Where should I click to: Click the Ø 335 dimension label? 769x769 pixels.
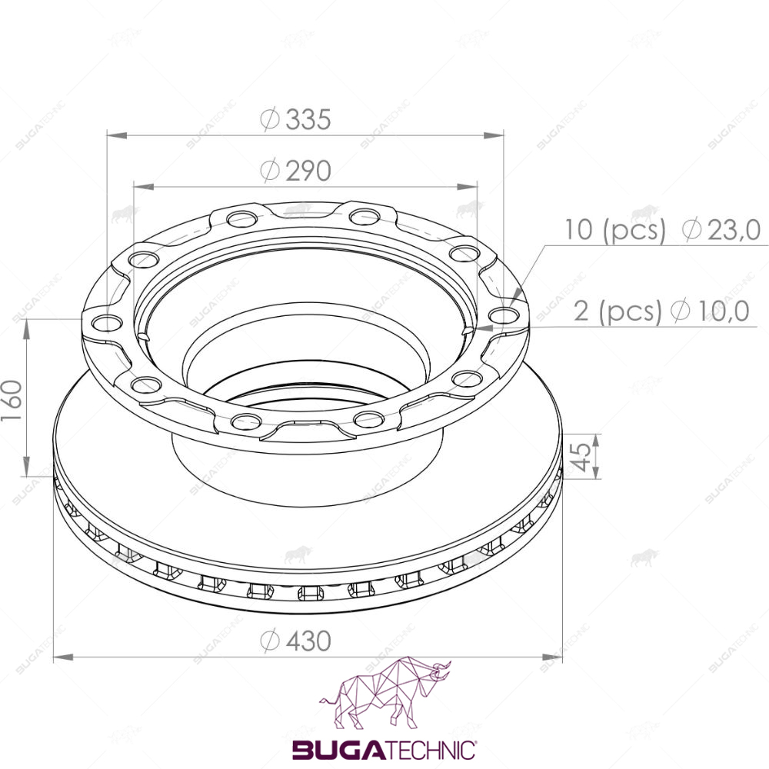tap(295, 119)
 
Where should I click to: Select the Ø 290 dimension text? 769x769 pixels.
tap(295, 171)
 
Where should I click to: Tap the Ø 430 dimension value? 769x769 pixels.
tap(295, 641)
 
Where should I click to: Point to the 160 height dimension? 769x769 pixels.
tap(12, 400)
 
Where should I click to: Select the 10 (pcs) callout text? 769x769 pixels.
tap(615, 229)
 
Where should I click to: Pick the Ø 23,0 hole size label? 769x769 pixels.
tap(721, 229)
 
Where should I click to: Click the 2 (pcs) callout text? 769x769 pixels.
tap(618, 311)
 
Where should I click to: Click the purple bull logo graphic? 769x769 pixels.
tap(385, 693)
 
